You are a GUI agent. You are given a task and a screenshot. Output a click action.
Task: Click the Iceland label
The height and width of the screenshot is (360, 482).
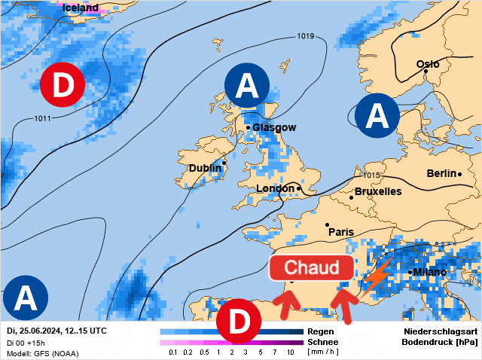click(81, 8)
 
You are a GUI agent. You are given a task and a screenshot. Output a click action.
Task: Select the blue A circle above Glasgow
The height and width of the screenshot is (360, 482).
click(246, 87)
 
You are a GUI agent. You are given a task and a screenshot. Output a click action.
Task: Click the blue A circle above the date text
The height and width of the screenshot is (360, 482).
click(25, 298)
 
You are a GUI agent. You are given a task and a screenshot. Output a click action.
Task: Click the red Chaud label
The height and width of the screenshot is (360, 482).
click(312, 267)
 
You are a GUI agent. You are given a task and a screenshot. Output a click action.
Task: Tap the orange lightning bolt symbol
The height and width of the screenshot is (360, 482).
click(376, 276)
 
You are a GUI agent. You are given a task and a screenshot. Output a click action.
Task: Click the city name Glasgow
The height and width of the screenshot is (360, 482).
click(274, 127)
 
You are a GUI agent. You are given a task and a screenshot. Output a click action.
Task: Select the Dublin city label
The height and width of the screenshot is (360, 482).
click(205, 168)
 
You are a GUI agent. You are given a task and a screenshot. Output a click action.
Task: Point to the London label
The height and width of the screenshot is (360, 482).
click(275, 188)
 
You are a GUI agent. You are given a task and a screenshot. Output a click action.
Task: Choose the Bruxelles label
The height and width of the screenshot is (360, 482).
click(378, 191)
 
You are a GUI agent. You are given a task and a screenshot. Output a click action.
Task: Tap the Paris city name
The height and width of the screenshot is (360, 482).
click(340, 231)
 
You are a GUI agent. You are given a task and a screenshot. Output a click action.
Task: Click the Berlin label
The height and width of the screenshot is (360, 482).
click(441, 173)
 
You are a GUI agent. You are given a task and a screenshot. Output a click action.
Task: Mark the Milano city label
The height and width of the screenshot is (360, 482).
click(430, 272)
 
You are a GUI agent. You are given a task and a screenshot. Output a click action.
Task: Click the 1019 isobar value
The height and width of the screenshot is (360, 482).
click(306, 36)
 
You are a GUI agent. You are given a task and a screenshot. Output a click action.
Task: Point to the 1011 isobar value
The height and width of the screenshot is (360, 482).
click(43, 118)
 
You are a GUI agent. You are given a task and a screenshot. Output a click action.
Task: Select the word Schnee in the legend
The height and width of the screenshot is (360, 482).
click(322, 342)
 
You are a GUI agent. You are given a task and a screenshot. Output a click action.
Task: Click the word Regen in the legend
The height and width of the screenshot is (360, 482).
click(322, 331)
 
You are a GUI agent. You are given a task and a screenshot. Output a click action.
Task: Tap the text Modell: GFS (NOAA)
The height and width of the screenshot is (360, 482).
click(42, 352)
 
